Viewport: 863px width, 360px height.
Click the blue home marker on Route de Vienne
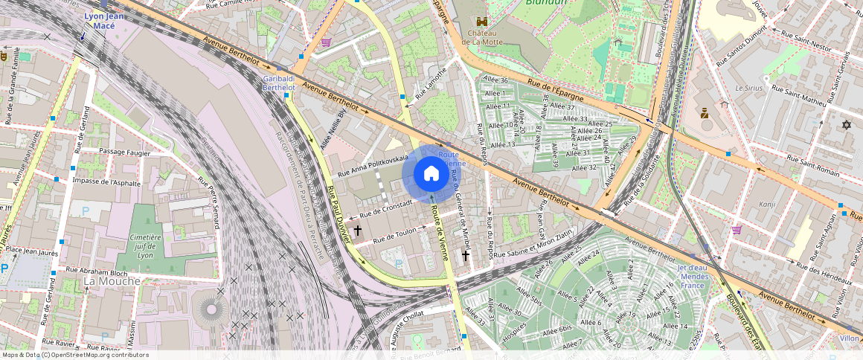point(431,174)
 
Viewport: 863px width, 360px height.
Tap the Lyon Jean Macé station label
point(103,20)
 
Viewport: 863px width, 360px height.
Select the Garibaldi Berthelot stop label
point(279,83)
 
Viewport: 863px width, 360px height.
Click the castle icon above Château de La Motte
point(481,22)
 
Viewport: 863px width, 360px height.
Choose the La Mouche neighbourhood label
point(112,281)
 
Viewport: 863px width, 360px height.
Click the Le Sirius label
point(748,87)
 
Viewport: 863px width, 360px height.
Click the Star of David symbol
point(846,124)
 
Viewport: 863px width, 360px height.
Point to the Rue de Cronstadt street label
point(386,209)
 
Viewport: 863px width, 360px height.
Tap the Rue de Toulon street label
point(395,235)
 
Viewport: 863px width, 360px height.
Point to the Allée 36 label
point(495,80)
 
